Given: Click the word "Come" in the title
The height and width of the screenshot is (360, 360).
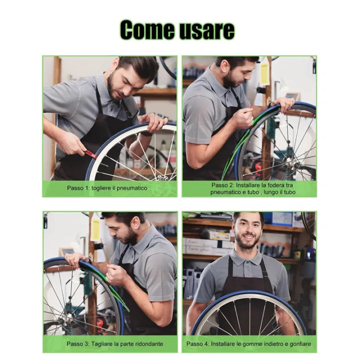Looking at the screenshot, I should [145, 30].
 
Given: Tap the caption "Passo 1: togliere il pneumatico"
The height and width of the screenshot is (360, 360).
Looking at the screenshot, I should [107, 188].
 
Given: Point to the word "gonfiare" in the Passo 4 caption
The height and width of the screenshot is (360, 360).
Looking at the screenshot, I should [299, 344].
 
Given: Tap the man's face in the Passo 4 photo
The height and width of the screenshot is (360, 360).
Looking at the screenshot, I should [248, 231].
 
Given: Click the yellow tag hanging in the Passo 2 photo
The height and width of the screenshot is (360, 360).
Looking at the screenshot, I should [264, 73].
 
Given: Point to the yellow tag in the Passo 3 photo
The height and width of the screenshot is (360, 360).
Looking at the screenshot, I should [95, 229].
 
